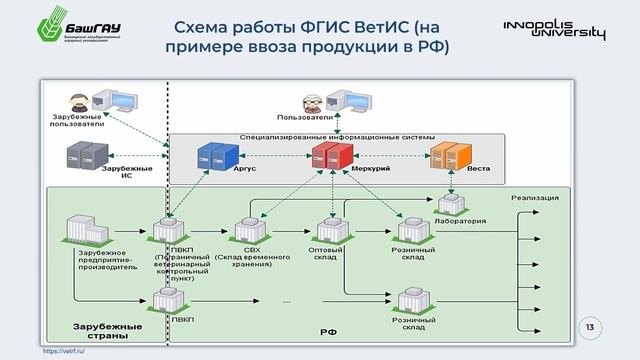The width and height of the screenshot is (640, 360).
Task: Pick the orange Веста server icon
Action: pos(450,156)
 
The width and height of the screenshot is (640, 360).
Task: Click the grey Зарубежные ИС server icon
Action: pos(84,154)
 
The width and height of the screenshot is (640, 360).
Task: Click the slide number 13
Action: pos(588,328)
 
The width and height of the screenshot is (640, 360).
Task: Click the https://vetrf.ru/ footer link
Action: pos(63,353)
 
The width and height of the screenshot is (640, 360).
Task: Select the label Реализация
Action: pos(535,198)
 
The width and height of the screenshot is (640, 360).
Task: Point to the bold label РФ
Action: pos(328,330)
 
